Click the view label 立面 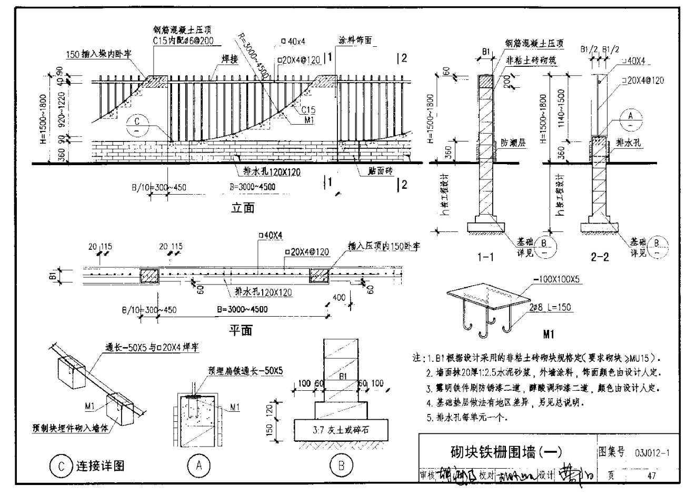[x=243, y=208]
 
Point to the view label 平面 [x=240, y=330]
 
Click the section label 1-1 [x=485, y=257]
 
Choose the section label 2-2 [x=600, y=257]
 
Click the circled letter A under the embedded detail [x=198, y=465]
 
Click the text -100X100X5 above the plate [x=556, y=280]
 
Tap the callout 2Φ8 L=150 [x=550, y=307]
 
